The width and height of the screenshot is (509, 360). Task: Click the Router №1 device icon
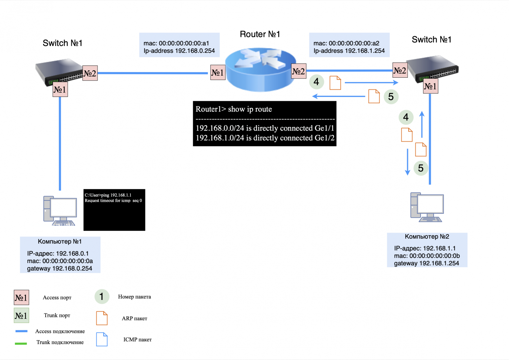(260, 69)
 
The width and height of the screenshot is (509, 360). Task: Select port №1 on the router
(218, 72)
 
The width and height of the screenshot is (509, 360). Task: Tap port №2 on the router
(299, 71)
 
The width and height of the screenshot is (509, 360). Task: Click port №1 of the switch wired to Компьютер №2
(430, 86)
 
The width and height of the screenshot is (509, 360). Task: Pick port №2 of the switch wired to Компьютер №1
(90, 73)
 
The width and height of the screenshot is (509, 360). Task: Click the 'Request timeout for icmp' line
(113, 201)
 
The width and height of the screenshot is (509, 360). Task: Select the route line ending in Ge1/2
(265, 138)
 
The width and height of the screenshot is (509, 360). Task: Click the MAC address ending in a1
(176, 43)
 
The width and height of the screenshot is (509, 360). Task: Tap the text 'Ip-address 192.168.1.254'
(349, 51)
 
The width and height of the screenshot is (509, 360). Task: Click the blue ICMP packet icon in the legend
(102, 339)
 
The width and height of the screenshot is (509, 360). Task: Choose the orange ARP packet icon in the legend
(102, 318)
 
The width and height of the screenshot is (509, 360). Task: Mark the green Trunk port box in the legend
(21, 316)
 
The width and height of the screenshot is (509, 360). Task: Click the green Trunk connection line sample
(21, 343)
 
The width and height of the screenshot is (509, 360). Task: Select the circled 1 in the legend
(101, 296)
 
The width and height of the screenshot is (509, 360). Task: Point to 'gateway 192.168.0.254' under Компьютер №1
(59, 269)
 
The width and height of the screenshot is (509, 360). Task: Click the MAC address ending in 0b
(427, 256)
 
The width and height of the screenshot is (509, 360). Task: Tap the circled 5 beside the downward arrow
(421, 168)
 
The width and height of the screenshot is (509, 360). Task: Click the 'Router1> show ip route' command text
(234, 109)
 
